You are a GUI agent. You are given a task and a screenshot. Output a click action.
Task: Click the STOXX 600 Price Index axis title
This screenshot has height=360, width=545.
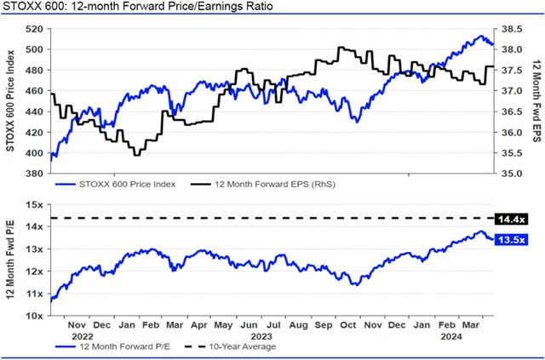click(x=11, y=100)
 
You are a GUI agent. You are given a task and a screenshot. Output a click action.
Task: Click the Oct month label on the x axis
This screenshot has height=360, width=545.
click(x=348, y=324)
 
